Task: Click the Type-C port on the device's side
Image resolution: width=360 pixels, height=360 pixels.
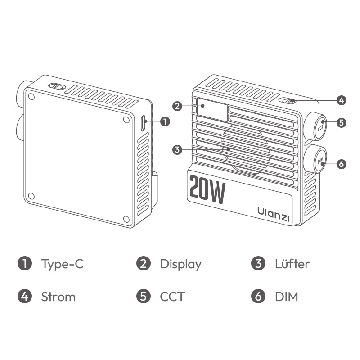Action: click(143, 123)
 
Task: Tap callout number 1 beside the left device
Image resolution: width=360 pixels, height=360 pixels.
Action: click(165, 121)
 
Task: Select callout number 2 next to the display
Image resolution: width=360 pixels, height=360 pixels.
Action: click(177, 106)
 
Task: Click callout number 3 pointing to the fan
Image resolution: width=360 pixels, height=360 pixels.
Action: click(177, 150)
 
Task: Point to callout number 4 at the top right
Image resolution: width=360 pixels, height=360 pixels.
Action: click(342, 100)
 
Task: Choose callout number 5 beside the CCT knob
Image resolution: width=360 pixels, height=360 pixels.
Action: click(342, 122)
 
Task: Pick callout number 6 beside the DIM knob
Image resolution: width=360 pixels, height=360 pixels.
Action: click(342, 164)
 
